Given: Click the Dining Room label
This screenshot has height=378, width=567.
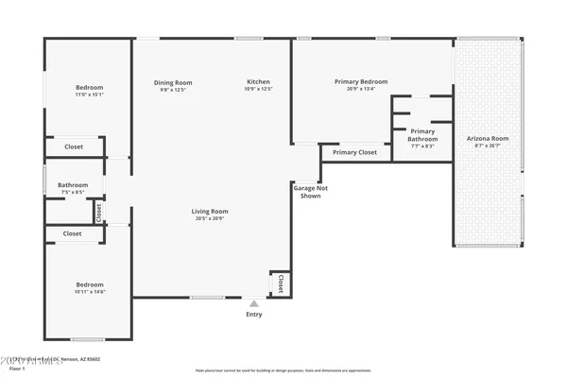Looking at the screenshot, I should [x=173, y=82].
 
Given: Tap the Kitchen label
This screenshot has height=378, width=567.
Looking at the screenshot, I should [x=259, y=82].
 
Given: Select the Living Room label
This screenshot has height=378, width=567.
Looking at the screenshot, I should [x=211, y=212].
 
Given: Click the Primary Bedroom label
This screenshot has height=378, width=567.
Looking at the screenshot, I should [x=361, y=82].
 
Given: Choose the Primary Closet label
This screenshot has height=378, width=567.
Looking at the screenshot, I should [x=354, y=152].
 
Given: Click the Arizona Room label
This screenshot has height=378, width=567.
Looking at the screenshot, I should [x=488, y=139].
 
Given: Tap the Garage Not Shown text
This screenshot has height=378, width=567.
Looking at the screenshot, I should [x=310, y=192].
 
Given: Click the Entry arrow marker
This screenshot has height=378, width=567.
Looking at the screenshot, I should [x=253, y=304].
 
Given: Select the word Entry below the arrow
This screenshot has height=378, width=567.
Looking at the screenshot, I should [x=253, y=315].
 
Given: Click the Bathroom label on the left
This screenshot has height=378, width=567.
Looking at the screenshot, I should [x=73, y=185].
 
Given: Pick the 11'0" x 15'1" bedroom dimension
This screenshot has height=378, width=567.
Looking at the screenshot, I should [x=89, y=94].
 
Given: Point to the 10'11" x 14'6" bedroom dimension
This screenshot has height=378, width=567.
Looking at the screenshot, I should [x=89, y=292].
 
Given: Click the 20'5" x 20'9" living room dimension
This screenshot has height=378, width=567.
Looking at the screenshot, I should [x=211, y=220].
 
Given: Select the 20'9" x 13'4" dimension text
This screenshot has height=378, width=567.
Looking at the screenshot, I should [x=361, y=90].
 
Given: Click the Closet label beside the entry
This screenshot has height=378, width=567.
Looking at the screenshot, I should [x=280, y=282].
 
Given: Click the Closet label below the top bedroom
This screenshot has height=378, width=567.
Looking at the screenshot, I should [x=74, y=147].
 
